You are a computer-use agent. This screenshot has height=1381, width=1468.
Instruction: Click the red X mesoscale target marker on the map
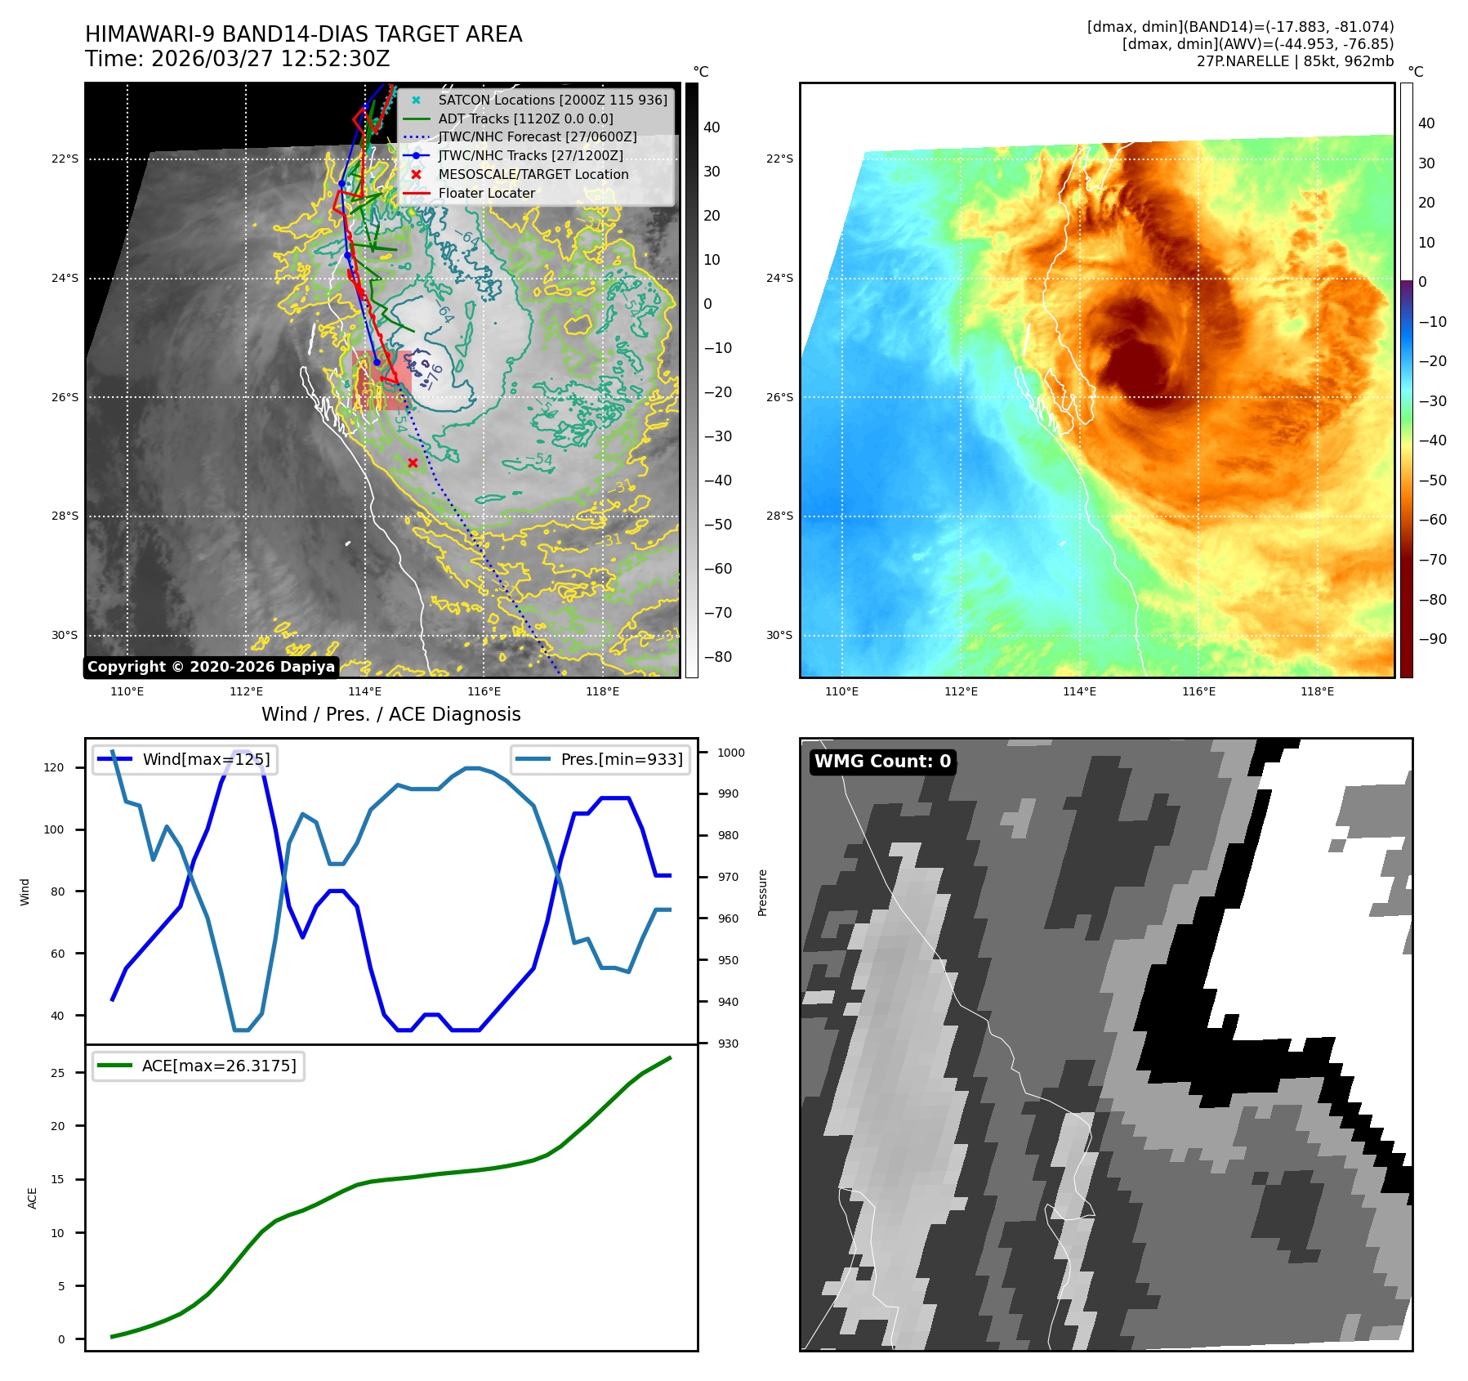pyautogui.click(x=413, y=463)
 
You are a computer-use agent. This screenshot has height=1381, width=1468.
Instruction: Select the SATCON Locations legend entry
pyautogui.click(x=552, y=100)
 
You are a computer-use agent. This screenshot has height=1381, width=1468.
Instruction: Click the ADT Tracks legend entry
pyautogui.click(x=525, y=118)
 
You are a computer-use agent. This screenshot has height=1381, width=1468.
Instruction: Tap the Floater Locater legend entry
pyautogui.click(x=486, y=193)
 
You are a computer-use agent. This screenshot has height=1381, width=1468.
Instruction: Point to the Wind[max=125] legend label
pyautogui.click(x=206, y=759)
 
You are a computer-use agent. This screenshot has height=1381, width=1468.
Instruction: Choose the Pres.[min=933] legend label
pyautogui.click(x=622, y=759)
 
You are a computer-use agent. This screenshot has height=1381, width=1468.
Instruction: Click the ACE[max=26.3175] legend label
pyautogui.click(x=219, y=1066)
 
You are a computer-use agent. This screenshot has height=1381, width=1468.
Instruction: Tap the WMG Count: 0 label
pyautogui.click(x=882, y=762)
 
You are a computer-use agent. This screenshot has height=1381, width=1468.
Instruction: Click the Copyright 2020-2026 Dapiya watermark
pyautogui.click(x=211, y=667)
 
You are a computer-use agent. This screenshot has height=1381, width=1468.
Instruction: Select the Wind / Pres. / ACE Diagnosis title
pyautogui.click(x=390, y=714)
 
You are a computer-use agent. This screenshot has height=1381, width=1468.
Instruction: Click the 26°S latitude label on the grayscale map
pyautogui.click(x=65, y=397)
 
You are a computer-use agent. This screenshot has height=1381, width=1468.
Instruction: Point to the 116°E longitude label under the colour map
pyautogui.click(x=1198, y=691)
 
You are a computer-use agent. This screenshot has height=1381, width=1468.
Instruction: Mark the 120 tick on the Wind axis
pyautogui.click(x=56, y=767)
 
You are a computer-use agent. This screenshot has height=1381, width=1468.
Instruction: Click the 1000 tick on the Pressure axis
pyautogui.click(x=731, y=753)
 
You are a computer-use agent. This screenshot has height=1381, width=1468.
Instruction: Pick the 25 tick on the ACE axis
pyautogui.click(x=58, y=1073)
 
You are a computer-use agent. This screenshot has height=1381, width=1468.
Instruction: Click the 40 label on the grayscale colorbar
pyautogui.click(x=712, y=127)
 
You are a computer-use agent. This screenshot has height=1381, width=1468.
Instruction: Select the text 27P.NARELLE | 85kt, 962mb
pyautogui.click(x=1295, y=61)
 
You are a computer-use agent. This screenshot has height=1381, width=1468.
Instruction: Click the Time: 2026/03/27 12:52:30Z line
pyautogui.click(x=238, y=59)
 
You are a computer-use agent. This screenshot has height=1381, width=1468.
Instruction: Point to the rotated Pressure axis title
pyautogui.click(x=762, y=892)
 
